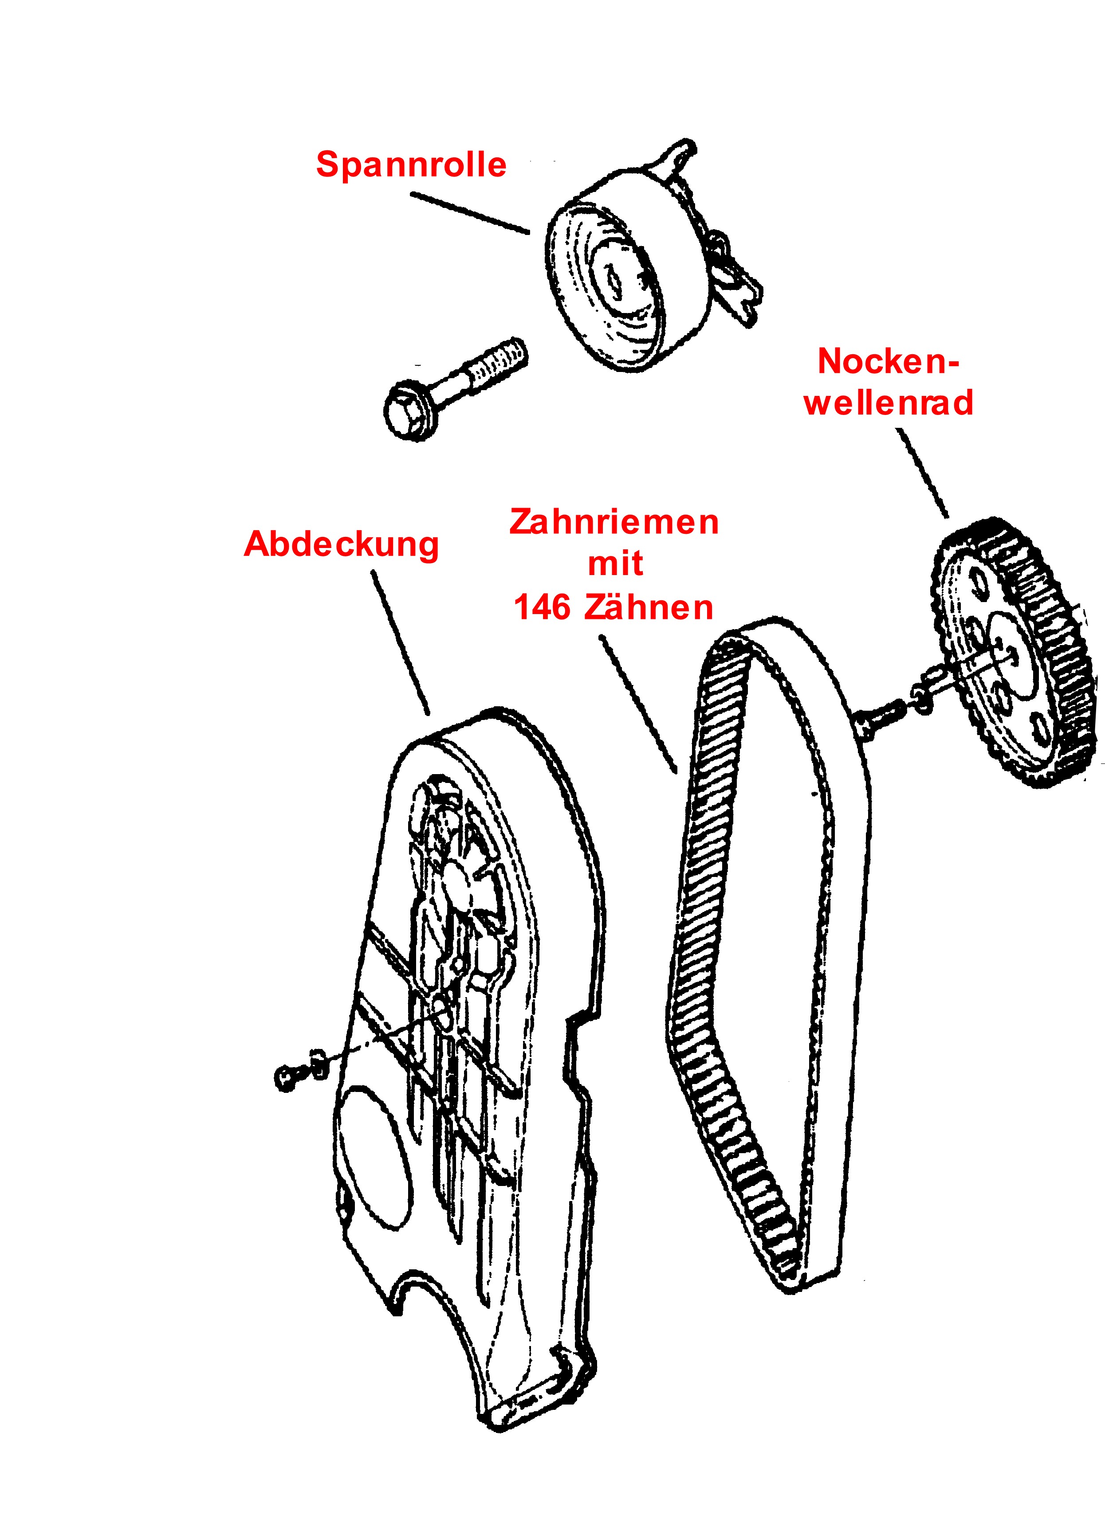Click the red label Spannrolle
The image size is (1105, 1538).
click(411, 165)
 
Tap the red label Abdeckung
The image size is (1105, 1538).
click(341, 544)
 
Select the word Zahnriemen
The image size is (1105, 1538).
click(614, 522)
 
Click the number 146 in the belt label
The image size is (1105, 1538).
click(542, 607)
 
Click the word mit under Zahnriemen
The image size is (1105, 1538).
click(615, 564)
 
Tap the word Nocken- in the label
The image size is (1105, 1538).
click(888, 361)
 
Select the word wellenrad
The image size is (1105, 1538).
click(889, 402)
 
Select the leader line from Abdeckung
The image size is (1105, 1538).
click(400, 642)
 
